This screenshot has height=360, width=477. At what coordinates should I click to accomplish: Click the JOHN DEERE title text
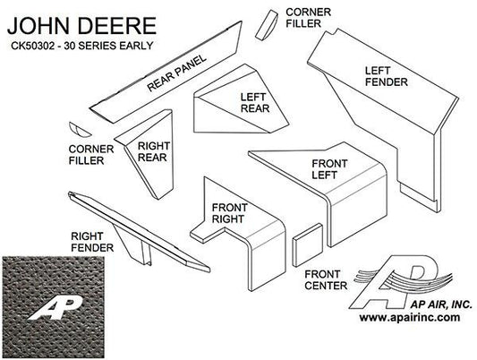click(81, 26)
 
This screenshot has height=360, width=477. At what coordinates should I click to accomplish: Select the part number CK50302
click(33, 46)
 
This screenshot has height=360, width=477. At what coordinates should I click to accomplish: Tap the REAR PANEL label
click(176, 73)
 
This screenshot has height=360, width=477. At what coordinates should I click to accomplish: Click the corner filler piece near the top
click(267, 25)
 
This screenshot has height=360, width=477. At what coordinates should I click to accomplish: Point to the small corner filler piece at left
click(79, 130)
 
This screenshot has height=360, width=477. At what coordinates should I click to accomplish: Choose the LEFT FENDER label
click(386, 76)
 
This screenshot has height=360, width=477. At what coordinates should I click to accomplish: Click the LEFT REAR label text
click(255, 103)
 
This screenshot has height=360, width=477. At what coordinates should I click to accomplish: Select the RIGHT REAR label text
click(152, 151)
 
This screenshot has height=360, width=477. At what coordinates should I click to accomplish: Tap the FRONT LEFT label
click(329, 169)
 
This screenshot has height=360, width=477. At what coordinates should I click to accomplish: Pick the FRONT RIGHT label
click(229, 213)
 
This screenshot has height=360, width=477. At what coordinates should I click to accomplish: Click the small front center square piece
click(308, 245)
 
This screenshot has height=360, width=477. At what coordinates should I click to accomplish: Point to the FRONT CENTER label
click(326, 280)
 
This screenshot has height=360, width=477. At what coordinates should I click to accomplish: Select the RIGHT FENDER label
click(92, 242)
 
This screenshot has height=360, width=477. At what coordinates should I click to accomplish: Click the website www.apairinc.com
click(410, 317)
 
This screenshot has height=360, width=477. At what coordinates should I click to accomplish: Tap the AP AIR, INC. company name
click(441, 304)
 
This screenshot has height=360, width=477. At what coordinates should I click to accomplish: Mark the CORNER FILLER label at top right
click(308, 18)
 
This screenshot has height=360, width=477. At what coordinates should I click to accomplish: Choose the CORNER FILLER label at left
click(91, 155)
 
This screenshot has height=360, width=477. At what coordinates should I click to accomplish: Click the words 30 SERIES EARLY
click(108, 46)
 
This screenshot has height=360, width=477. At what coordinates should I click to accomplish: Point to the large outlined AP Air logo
click(402, 281)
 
